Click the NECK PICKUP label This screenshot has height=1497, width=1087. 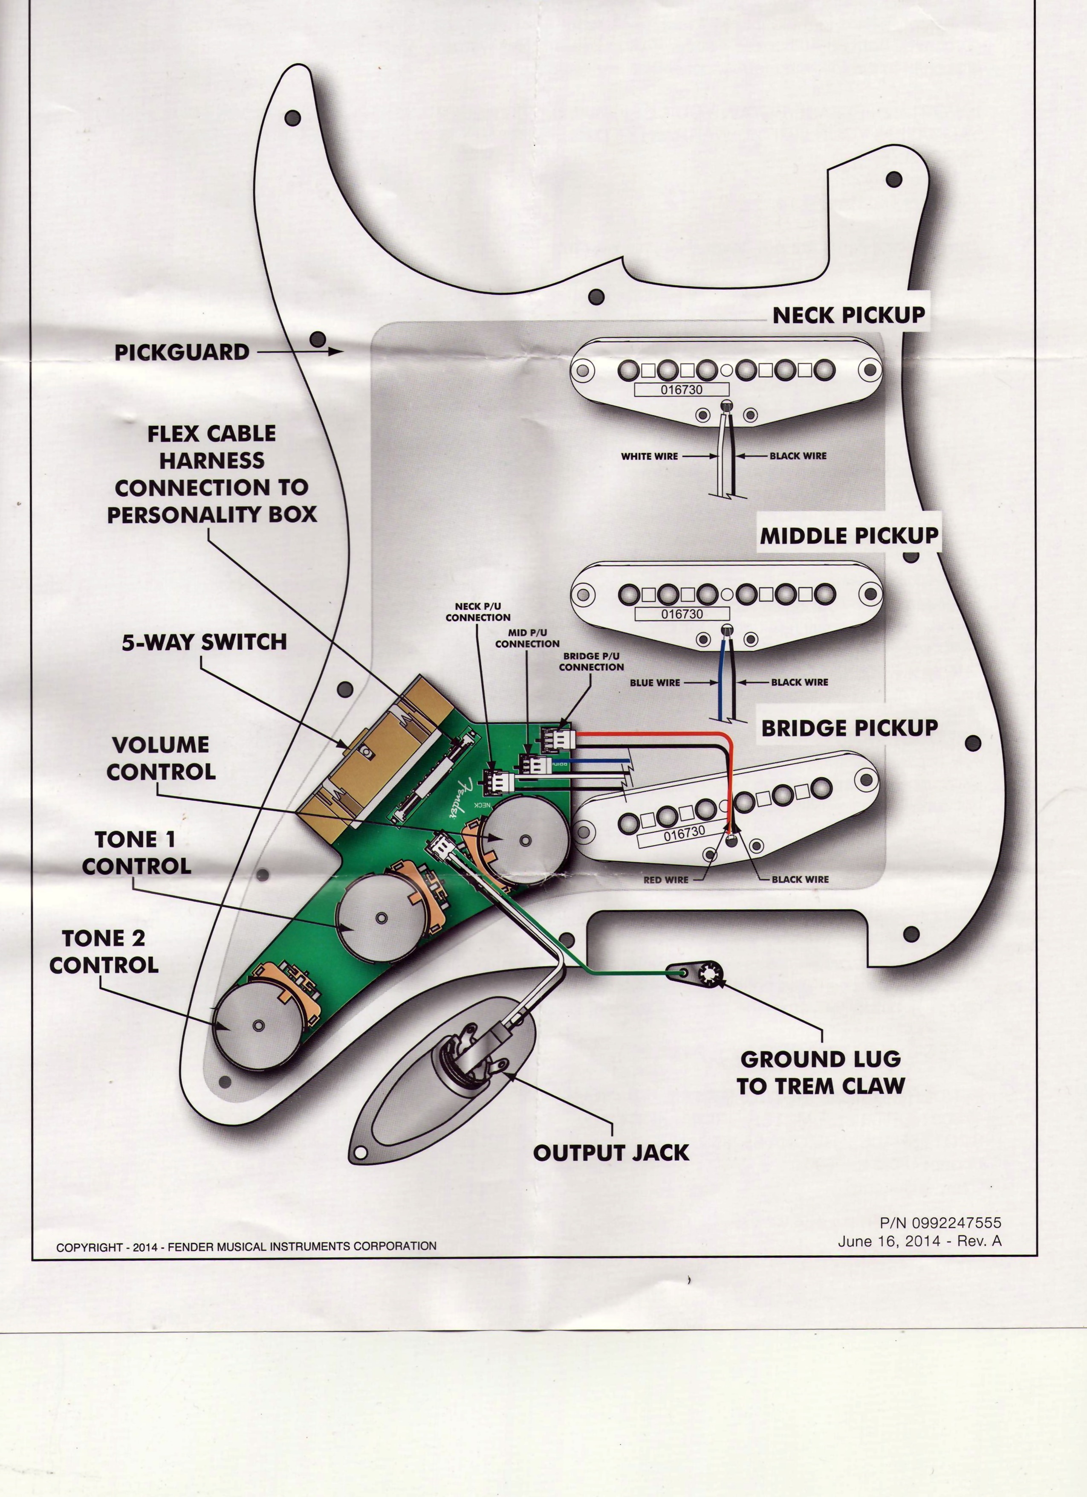pos(848,315)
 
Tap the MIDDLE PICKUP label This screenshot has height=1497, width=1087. pos(849,535)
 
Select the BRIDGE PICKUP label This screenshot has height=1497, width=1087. pos(849,728)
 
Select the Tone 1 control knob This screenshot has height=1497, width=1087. pos(381,918)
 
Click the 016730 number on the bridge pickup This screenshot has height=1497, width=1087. pos(684,833)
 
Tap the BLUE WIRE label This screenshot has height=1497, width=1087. pos(654,682)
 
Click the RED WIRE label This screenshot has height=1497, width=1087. pos(665,880)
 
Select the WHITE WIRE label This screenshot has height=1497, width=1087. pos(649,456)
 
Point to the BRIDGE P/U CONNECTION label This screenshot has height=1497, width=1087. pos(591,661)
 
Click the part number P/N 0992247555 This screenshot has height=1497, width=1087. pos(940,1223)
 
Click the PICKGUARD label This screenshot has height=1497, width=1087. pos(182,352)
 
